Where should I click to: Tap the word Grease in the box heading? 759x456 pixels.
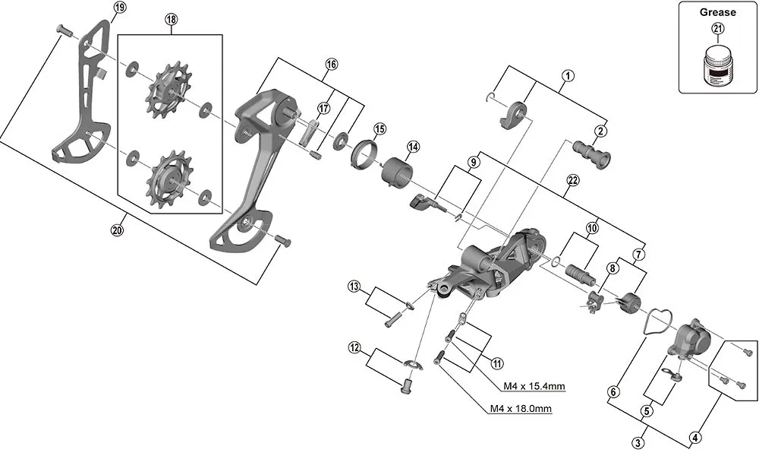717,12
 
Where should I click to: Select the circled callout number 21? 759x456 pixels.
717,29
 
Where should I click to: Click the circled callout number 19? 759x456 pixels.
119,8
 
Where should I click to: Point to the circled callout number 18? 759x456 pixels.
170,21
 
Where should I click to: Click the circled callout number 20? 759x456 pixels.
117,231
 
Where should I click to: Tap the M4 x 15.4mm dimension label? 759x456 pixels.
534,386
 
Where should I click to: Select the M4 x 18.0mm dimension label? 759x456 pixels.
520,410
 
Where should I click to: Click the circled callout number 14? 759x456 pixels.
413,147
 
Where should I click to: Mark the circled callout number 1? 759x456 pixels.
566,75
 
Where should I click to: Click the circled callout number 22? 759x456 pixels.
572,180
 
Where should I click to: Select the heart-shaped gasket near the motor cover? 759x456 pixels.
652,321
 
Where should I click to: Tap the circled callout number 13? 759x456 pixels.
354,287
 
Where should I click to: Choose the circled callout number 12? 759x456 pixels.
354,348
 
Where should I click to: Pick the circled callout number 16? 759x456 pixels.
330,64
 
